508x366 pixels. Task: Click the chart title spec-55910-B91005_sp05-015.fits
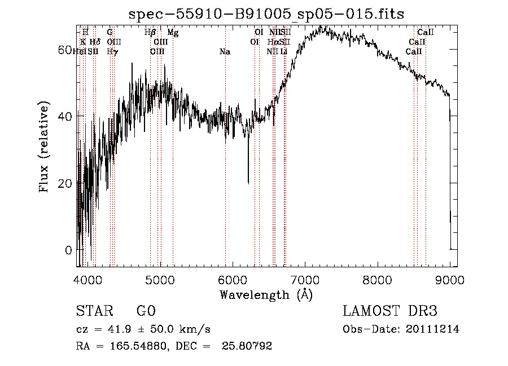pyautogui.click(x=266, y=14)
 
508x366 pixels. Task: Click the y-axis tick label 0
pyautogui.click(x=69, y=250)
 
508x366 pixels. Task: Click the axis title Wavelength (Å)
pyautogui.click(x=266, y=294)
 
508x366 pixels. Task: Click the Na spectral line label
pyautogui.click(x=225, y=52)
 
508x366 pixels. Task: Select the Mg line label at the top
pyautogui.click(x=173, y=33)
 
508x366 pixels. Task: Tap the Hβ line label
pyautogui.click(x=150, y=33)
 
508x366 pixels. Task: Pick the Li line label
pyautogui.click(x=284, y=52)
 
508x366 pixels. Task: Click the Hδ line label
pyautogui.click(x=95, y=42)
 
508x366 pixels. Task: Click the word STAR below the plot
pyautogui.click(x=94, y=311)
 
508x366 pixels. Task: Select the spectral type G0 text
pyautogui.click(x=146, y=311)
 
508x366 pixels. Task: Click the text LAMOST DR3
pyautogui.click(x=390, y=311)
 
